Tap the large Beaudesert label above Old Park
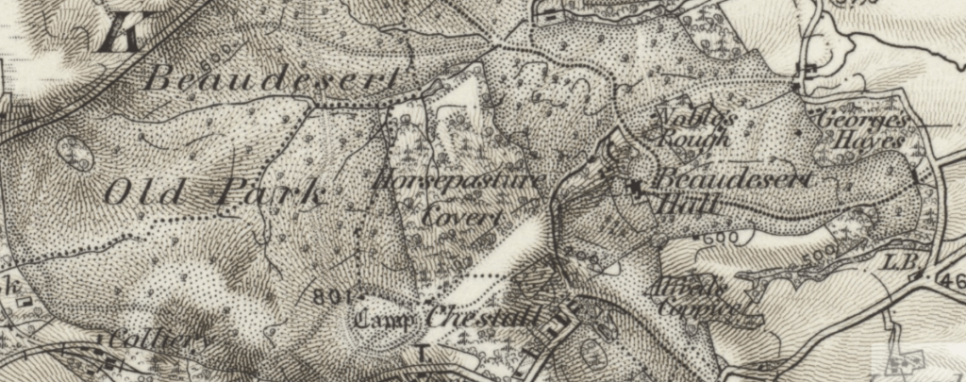(271, 81)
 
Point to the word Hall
(686, 203)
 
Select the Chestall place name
(482, 317)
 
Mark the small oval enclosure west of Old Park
(75, 151)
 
